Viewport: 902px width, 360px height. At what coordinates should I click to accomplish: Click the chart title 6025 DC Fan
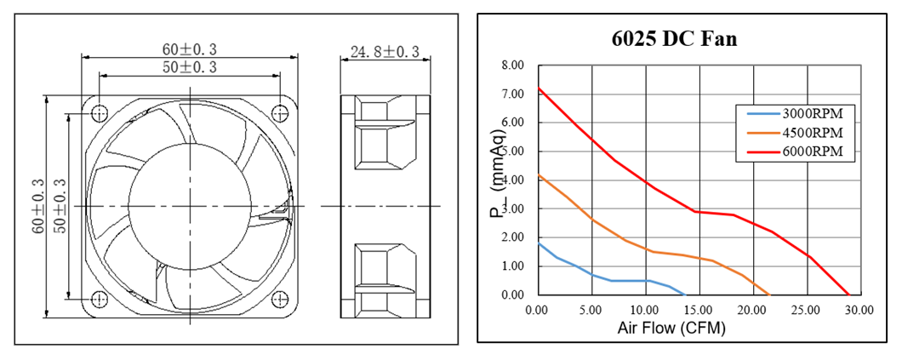[x=674, y=38]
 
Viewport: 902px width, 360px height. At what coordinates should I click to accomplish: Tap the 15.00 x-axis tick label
[x=699, y=310]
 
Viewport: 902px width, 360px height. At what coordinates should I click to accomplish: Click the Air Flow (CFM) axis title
[x=671, y=329]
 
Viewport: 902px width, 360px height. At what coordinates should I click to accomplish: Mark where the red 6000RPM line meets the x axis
[x=848, y=295]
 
